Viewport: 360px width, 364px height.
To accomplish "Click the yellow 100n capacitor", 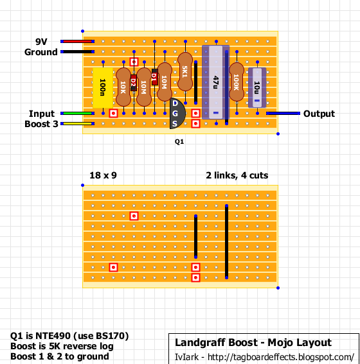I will coord(103,84).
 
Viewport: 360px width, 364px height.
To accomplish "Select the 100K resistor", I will coord(237,82).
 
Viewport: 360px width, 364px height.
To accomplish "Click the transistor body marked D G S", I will coord(176,114).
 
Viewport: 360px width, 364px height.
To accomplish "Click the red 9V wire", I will coord(78,42).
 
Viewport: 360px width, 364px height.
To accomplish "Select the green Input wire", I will coord(78,114).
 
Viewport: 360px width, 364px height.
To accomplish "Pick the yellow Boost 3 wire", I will coord(78,124).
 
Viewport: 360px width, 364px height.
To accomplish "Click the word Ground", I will coord(41,52).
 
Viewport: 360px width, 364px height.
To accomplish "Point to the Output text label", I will coord(319,114).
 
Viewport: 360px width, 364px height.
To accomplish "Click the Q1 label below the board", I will coord(179,141).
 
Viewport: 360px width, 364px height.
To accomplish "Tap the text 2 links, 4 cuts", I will coord(237,175).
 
